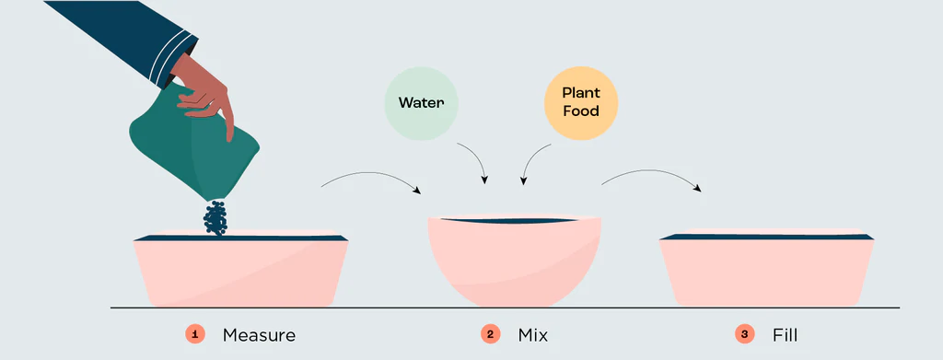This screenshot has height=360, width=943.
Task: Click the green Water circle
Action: [x=421, y=103]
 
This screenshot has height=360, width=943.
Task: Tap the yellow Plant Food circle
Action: [x=580, y=103]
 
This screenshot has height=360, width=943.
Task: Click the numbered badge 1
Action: [x=195, y=334]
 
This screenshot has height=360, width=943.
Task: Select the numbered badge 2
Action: [x=490, y=334]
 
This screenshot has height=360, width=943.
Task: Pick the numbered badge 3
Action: [x=744, y=334]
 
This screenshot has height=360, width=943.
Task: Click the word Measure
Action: [x=259, y=335]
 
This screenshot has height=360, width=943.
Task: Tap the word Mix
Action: [x=533, y=335]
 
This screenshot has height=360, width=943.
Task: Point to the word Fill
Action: [x=785, y=335]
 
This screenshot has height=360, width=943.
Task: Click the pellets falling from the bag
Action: [x=215, y=217]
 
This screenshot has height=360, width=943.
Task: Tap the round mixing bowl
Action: [x=514, y=261]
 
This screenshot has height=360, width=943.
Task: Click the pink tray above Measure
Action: [x=240, y=271]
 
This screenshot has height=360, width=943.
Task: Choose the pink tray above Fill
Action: [x=767, y=271]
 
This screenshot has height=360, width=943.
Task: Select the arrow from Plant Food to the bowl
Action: [x=530, y=157]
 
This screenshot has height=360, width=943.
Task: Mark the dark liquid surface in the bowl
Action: [x=511, y=221]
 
